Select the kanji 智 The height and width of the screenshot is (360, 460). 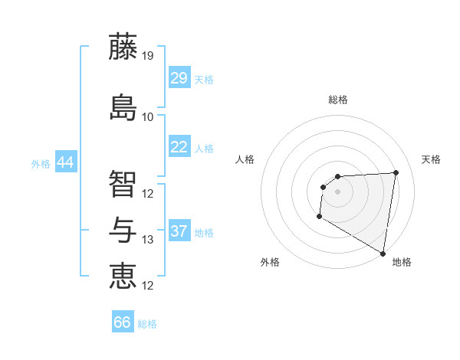coord(123,182)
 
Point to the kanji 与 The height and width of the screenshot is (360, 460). coord(123,228)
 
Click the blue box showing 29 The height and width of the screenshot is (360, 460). coord(179,78)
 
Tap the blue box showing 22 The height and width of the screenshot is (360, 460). coord(179,147)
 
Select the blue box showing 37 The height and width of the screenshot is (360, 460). coord(179,231)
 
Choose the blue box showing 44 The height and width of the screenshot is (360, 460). coord(65,162)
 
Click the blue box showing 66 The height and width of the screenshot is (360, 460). coord(123,322)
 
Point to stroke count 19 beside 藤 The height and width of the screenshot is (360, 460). coord(148,56)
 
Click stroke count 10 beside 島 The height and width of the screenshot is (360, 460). coord(148,117)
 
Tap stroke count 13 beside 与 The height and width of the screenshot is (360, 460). coord(148,240)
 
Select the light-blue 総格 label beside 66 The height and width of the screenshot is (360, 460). coord(147,324)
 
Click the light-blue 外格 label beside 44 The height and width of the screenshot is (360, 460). coord(41,164)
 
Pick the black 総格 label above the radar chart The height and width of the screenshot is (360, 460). coord(338,100)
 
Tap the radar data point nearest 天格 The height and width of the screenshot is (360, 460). coord(396,172)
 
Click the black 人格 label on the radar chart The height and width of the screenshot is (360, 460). coord(245,159)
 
